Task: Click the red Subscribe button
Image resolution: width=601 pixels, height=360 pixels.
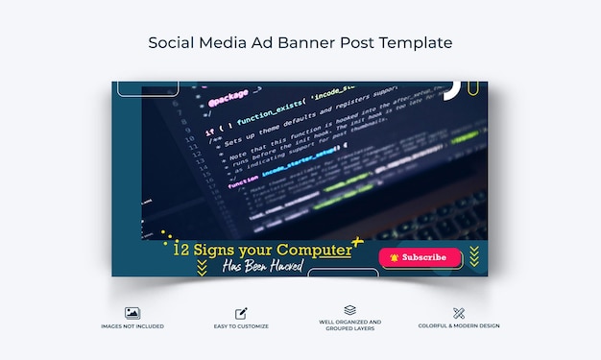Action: (420, 257)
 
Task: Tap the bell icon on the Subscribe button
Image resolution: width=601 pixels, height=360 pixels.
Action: (394, 257)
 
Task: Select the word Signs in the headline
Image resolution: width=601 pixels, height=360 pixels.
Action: (214, 250)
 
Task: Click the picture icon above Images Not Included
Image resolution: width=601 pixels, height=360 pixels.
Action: (132, 313)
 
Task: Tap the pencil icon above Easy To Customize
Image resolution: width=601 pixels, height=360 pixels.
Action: (240, 313)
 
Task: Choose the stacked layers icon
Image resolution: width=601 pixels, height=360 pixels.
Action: (349, 310)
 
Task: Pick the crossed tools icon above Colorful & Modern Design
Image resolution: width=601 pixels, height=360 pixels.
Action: (458, 313)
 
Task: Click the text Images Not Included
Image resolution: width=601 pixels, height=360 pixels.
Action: (132, 326)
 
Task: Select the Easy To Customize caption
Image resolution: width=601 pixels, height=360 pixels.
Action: (240, 326)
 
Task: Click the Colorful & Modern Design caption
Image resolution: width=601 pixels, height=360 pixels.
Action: (458, 326)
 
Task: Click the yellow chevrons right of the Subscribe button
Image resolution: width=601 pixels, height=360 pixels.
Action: (471, 256)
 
